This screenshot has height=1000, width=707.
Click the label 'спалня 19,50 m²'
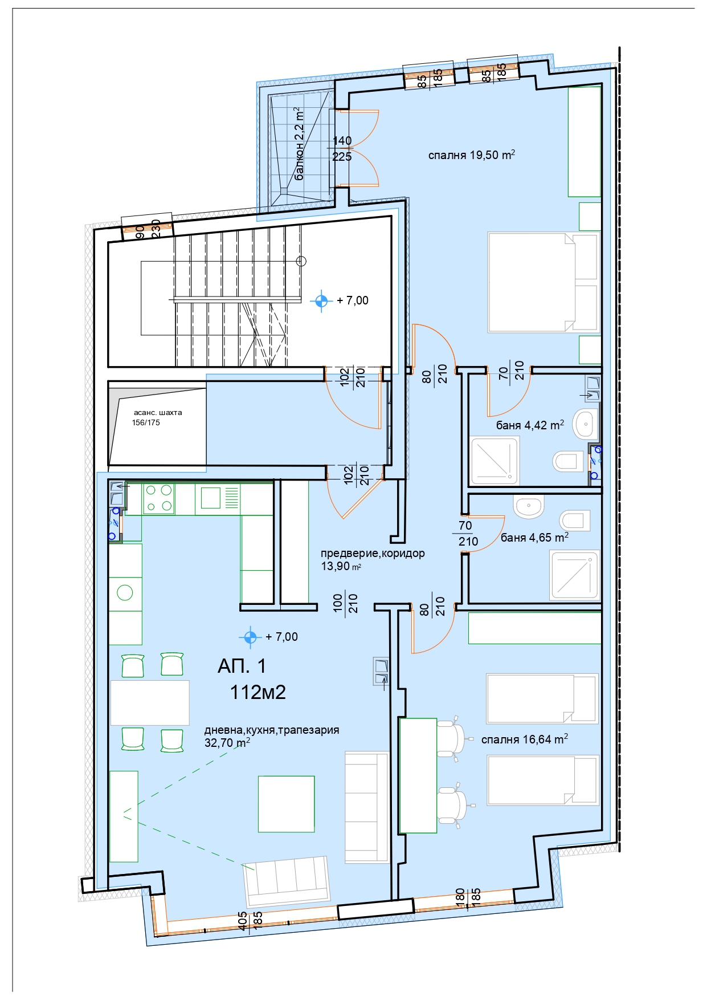coord(472,155)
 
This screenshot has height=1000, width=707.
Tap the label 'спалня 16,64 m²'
coord(525,739)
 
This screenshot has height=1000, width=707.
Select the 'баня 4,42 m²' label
coord(530,425)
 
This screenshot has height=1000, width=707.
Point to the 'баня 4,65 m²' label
coord(535,537)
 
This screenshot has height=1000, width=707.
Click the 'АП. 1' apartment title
coord(242,666)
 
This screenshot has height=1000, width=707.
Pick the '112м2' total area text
coord(258,692)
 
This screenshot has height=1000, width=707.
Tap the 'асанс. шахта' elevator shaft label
coord(158,412)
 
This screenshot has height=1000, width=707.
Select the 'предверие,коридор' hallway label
coord(373,553)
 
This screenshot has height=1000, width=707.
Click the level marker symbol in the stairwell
coord(321,300)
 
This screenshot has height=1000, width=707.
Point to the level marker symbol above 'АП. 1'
coord(250,637)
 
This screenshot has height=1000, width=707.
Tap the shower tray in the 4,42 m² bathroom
coord(494,461)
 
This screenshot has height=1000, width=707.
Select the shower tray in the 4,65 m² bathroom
coord(575,575)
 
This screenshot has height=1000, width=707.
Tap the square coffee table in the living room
coord(287,804)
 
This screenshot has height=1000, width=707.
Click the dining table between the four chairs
coord(150,702)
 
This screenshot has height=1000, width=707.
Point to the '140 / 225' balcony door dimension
coord(342,148)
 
